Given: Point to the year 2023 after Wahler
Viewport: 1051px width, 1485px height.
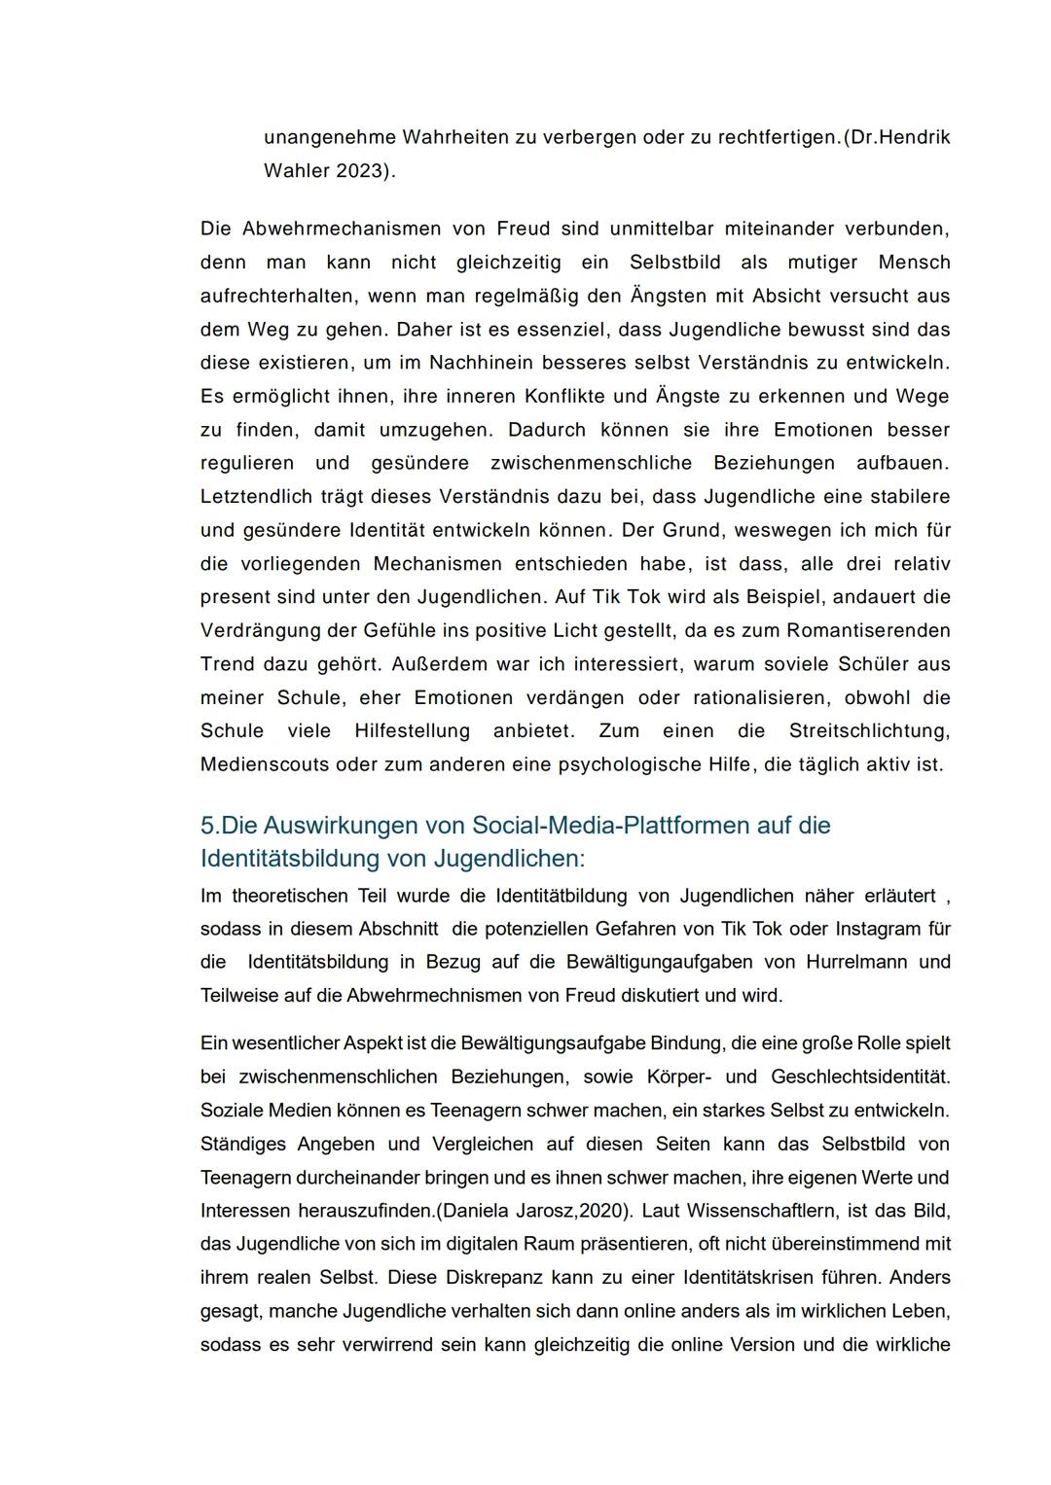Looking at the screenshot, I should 358,171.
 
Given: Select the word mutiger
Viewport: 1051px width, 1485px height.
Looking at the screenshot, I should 822,263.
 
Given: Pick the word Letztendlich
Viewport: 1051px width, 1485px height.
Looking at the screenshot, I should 256,497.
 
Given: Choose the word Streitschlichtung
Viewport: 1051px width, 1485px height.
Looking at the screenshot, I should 869,730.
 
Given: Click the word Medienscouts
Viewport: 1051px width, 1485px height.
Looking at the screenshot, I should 265,764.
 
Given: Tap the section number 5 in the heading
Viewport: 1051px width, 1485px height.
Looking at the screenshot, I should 208,826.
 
